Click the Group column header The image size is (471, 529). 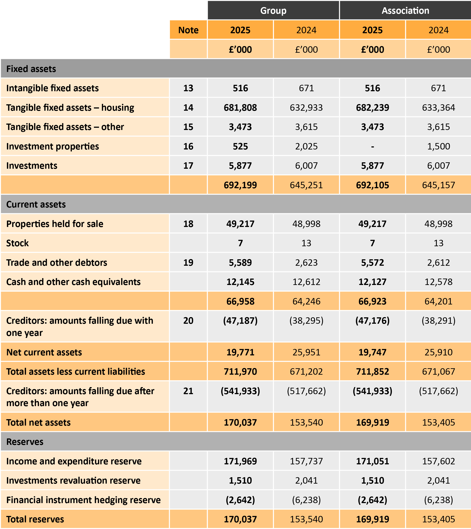click(273, 11)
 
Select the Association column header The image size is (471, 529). click(405, 11)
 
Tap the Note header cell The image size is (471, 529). click(188, 30)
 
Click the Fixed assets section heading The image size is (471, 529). click(31, 69)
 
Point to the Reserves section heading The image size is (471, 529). click(25, 442)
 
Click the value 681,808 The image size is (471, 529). click(240, 108)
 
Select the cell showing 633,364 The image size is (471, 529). click(438, 108)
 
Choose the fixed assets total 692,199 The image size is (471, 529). click(240, 185)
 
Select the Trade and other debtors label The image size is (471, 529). click(57, 263)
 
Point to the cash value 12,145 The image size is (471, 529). click(240, 282)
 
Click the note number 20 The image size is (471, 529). click(188, 321)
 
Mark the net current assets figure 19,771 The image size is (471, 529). click(240, 352)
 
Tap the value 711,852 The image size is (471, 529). click(372, 372)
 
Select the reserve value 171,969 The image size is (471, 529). click(240, 461)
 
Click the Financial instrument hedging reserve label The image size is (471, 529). click(83, 500)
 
